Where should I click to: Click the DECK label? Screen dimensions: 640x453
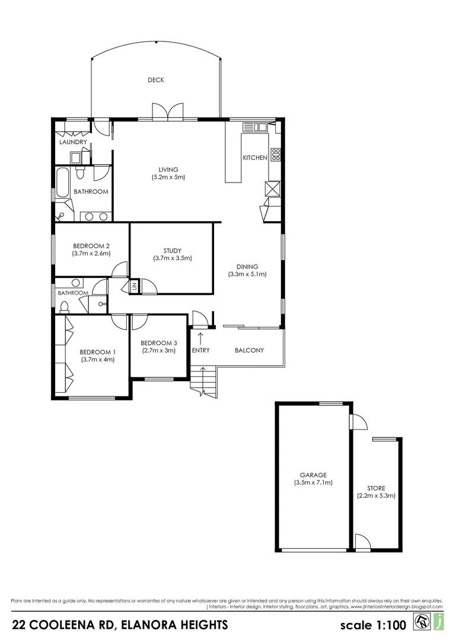coord(156,80)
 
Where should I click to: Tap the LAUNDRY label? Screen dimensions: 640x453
coord(73,142)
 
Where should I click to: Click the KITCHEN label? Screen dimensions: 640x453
coord(255,158)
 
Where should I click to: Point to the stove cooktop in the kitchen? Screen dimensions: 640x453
coord(276,155)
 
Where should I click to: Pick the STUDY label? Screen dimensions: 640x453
coord(172,250)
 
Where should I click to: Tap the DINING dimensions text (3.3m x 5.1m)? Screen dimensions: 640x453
coord(247,274)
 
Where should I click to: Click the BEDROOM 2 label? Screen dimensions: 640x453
coord(91,246)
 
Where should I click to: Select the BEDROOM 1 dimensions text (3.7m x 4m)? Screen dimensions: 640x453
coord(98,359)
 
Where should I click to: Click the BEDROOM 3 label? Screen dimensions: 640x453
coord(158,343)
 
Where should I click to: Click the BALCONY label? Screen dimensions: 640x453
coord(250,350)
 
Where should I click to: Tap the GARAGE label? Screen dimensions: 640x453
coord(313,475)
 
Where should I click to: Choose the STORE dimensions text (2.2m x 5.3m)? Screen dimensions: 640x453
coord(376,496)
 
